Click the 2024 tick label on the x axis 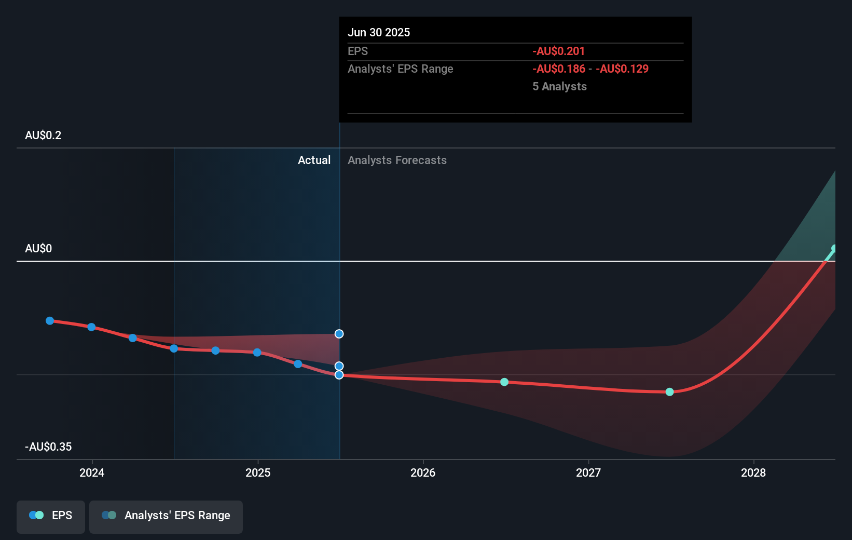coord(92,473)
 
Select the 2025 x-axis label coord(258,473)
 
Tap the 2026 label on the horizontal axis coord(423,473)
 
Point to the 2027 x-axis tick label coord(588,473)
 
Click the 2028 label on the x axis coord(753,473)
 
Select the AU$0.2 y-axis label coord(43,136)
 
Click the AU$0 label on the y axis coord(38,249)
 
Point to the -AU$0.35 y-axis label coord(48,447)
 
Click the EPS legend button coord(51,516)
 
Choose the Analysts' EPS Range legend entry coord(166,516)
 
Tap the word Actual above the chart coord(314,160)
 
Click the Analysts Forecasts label coord(397,160)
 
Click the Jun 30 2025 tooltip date coord(379,33)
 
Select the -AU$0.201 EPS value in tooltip coord(558,51)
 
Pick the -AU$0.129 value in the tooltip coord(622,69)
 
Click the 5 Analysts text coord(559,87)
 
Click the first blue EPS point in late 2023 coord(50,321)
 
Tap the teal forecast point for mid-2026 coord(504,382)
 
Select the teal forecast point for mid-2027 coord(669,392)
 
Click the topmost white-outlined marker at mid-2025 coord(339,334)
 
